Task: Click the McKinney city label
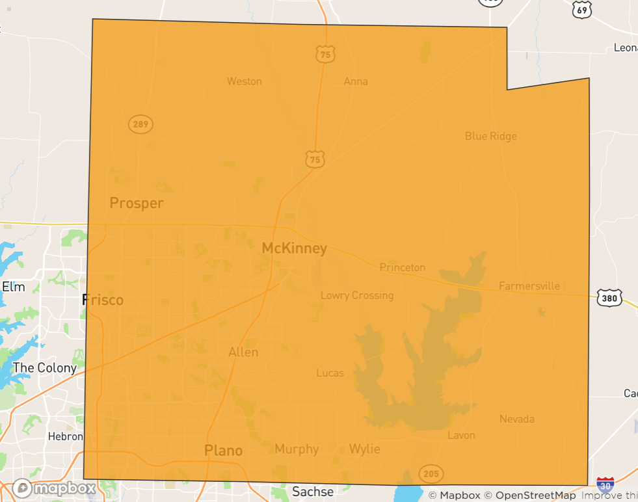(294, 248)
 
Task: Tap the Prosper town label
(137, 203)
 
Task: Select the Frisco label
(103, 300)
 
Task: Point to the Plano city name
(223, 450)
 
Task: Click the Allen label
(243, 352)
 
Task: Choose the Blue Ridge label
(491, 136)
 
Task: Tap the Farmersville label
(529, 286)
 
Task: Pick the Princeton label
(403, 267)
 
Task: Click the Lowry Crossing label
(357, 295)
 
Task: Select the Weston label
(245, 81)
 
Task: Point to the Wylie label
(364, 449)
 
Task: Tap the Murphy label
(297, 449)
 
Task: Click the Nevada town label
(517, 419)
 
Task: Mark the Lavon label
(461, 435)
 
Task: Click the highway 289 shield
(140, 124)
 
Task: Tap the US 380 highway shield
(609, 298)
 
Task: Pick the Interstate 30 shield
(605, 484)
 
